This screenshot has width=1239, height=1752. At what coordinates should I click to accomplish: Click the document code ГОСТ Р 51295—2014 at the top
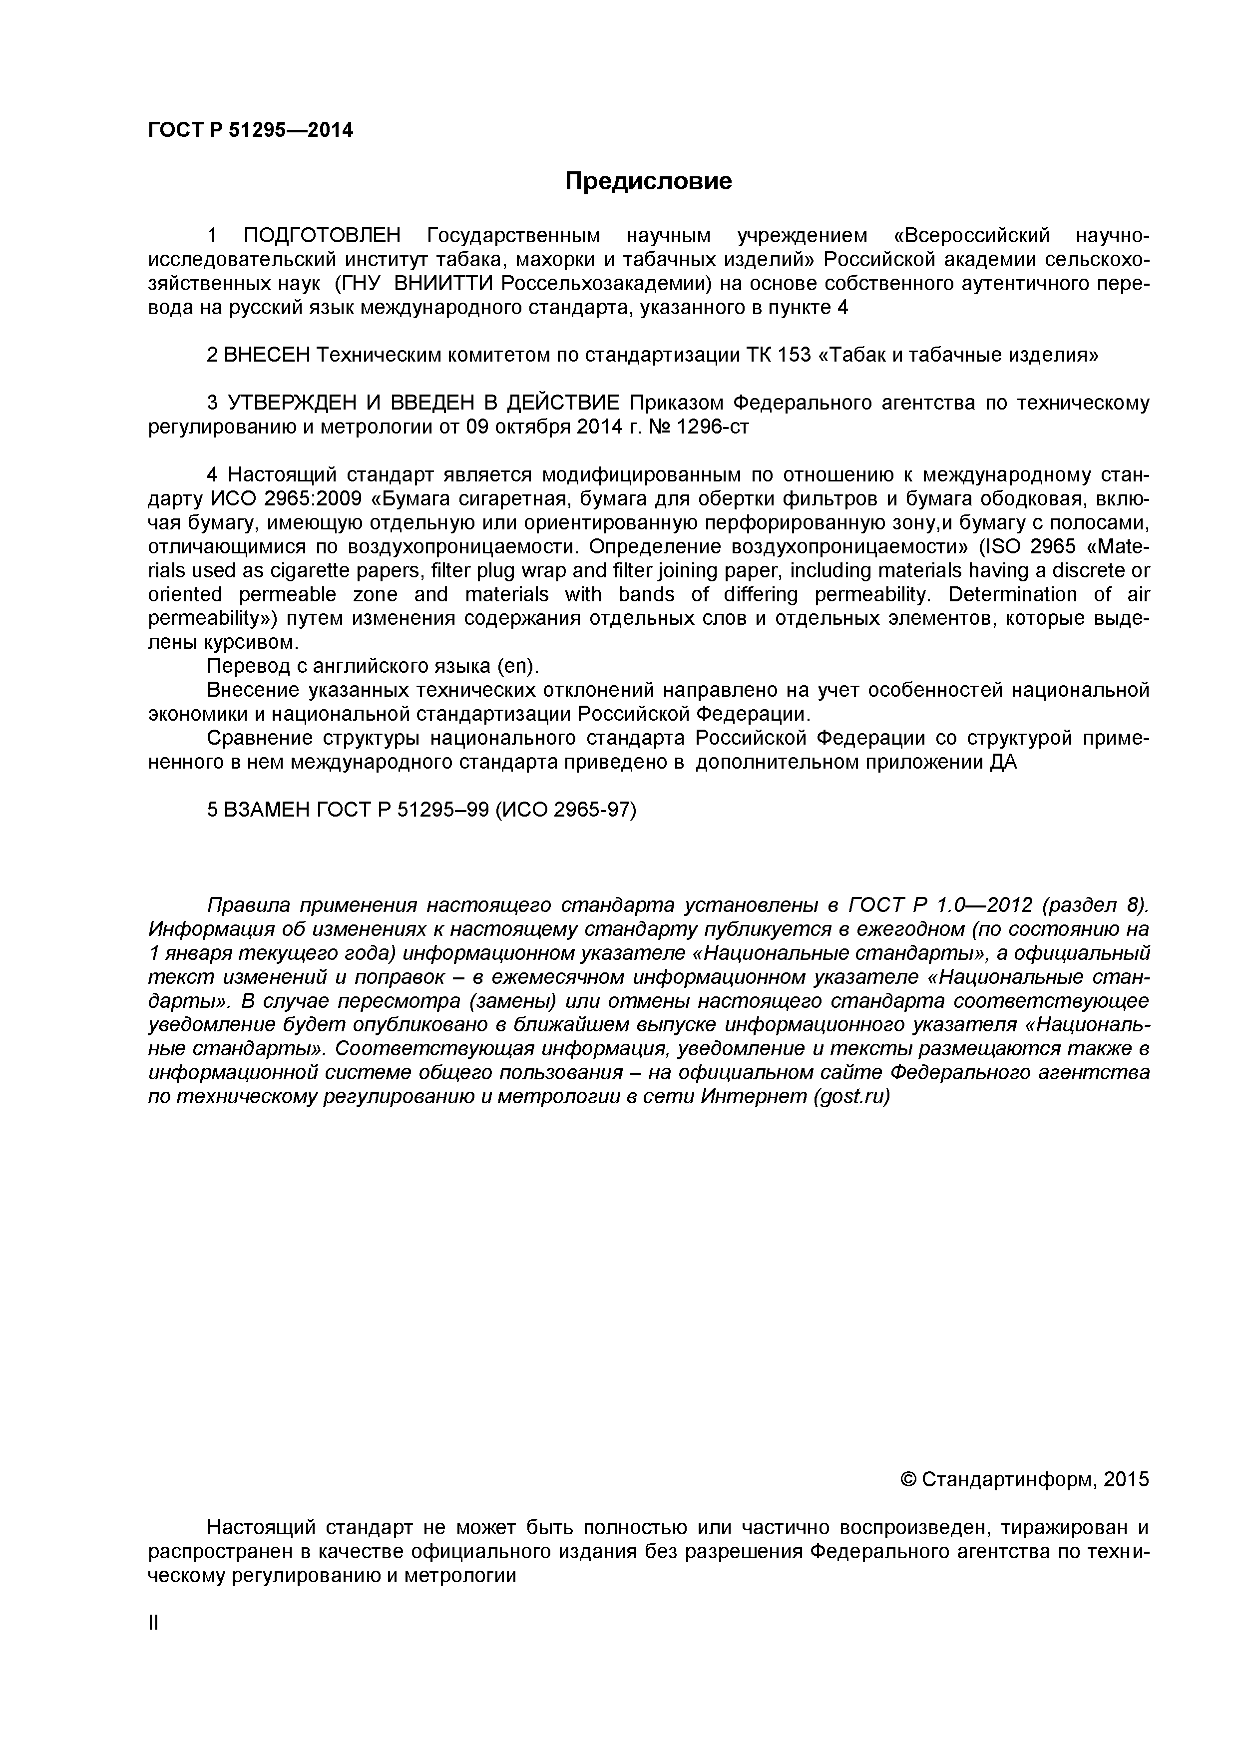click(250, 130)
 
